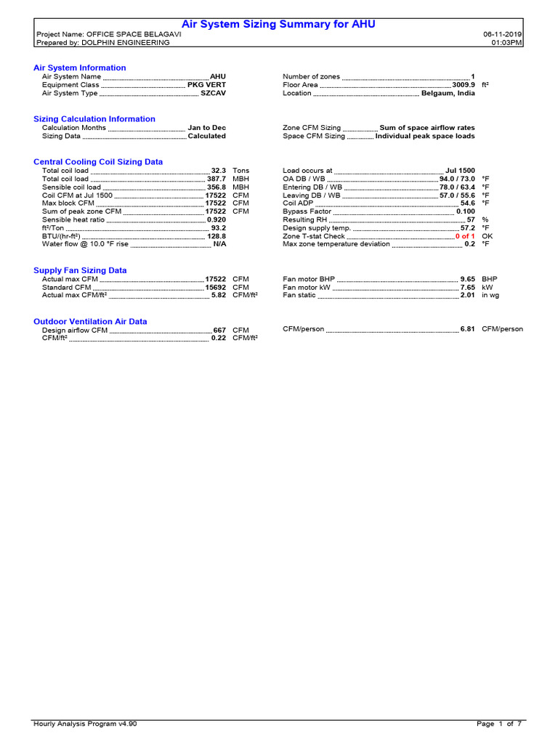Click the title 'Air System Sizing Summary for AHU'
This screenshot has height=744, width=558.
click(278, 25)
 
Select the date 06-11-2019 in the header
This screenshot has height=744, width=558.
click(502, 34)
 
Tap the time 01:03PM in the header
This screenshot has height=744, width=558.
click(506, 43)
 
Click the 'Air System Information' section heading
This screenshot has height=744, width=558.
click(80, 68)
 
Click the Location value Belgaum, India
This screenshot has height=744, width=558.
click(448, 94)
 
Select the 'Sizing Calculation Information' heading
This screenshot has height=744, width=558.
click(94, 118)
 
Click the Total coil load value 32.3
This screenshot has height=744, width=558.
click(218, 171)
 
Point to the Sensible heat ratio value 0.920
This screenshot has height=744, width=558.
click(216, 219)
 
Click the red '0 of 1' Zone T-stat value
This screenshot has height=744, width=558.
click(465, 236)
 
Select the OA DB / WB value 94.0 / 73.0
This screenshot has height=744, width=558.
click(457, 179)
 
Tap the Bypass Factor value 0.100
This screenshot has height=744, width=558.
click(465, 211)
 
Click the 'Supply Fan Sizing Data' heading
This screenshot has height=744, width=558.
click(80, 270)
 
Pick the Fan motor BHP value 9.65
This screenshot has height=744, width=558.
click(467, 279)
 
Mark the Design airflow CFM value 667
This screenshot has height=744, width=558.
click(219, 330)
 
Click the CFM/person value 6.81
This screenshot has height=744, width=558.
click(467, 329)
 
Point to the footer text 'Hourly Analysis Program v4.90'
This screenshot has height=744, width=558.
click(85, 724)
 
